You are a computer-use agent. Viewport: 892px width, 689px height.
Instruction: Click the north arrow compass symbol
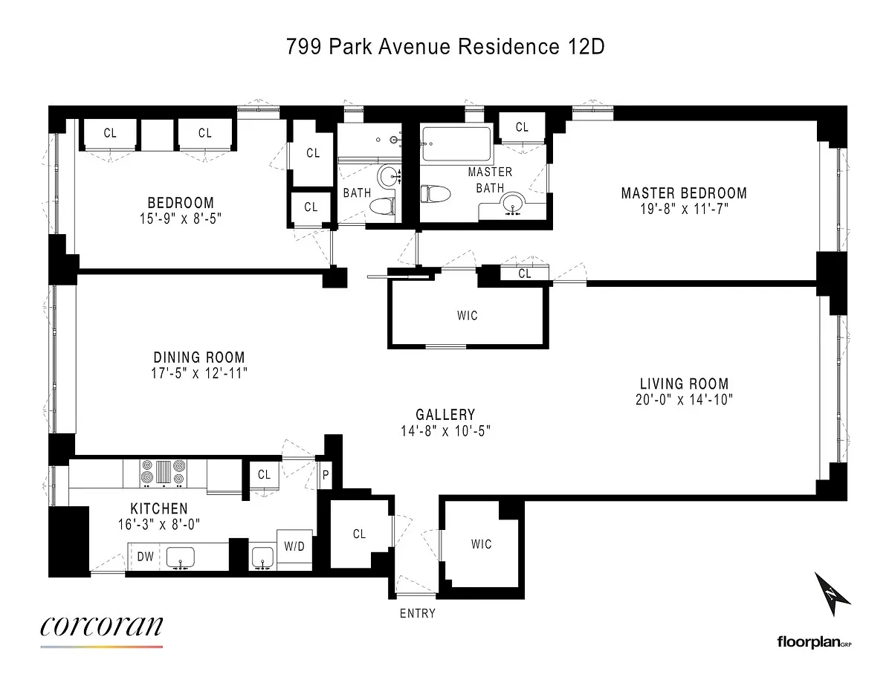pos(832,593)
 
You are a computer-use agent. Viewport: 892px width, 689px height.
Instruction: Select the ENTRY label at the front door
pos(418,613)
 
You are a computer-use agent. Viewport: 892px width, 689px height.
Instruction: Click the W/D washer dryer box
pos(294,546)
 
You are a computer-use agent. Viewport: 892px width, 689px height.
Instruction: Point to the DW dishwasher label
pos(145,557)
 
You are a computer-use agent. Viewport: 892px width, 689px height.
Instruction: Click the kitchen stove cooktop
pos(164,473)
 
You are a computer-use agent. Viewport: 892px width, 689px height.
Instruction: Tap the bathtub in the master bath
pos(456,144)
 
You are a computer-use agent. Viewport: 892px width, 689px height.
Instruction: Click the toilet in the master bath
pos(436,194)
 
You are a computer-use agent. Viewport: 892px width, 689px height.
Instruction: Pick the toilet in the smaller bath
pos(383,206)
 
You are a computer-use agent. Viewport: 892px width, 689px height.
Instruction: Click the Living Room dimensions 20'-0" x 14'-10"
pos(684,400)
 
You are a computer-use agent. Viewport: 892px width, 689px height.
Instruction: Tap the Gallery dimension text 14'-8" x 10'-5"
pos(446,431)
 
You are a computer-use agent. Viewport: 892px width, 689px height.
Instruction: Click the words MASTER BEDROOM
pos(684,193)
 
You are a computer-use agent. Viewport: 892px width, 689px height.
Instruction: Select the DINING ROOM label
pos(199,357)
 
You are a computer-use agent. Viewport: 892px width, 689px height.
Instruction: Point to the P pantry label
pos(326,475)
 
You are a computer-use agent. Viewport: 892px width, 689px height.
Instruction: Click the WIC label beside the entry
pos(481,544)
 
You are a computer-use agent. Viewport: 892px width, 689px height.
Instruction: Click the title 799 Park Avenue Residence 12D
pos(445,47)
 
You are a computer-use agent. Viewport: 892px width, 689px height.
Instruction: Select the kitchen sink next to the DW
pos(180,557)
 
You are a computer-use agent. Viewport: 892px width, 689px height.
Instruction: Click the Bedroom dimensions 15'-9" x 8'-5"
pos(181,219)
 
